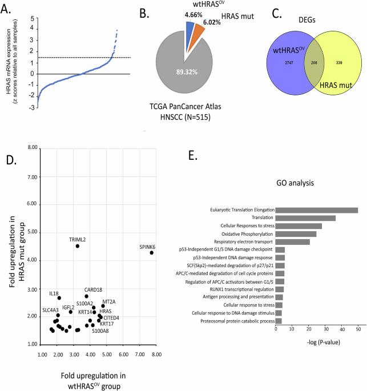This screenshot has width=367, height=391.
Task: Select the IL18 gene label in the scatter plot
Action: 54,293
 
